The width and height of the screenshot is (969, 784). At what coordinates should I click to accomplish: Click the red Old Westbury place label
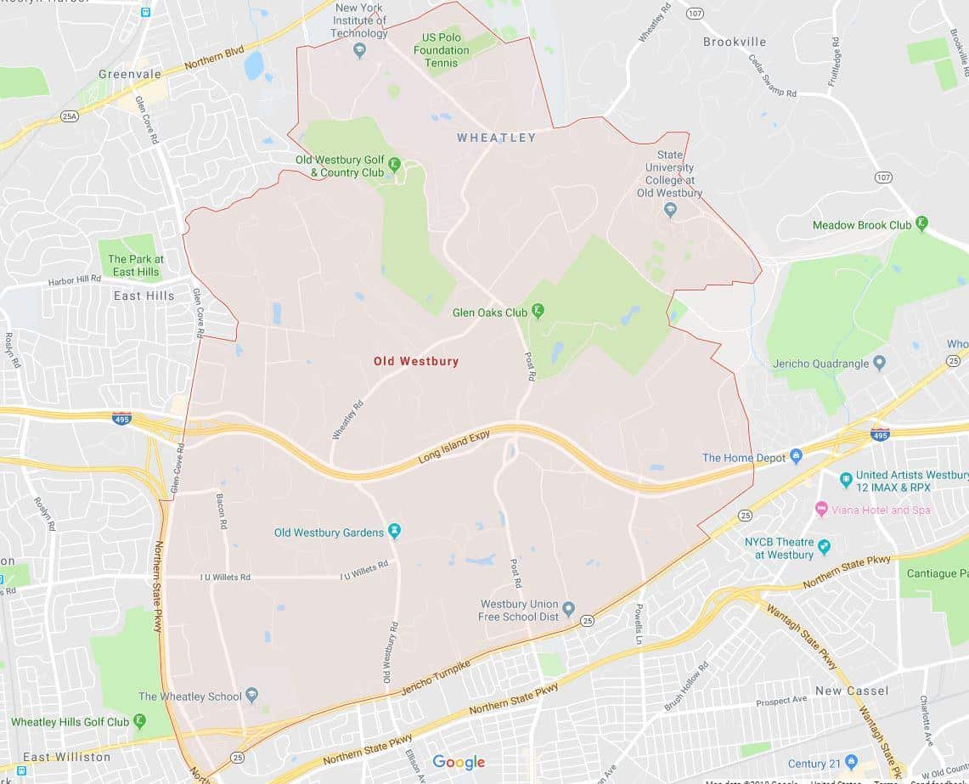[x=416, y=361]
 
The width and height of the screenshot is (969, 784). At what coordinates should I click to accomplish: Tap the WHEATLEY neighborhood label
[x=496, y=138]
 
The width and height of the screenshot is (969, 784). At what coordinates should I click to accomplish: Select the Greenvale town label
[x=130, y=74]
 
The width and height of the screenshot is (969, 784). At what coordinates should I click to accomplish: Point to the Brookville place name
[x=734, y=42]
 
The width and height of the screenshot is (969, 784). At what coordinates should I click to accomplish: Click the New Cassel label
[x=852, y=691]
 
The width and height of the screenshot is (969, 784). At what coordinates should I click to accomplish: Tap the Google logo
[x=459, y=762]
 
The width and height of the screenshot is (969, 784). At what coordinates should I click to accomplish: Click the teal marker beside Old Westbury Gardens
[x=394, y=532]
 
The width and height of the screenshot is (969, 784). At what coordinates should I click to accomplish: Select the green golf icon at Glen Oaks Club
[x=538, y=312]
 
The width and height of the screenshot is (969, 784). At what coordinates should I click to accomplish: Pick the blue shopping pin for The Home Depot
[x=796, y=457]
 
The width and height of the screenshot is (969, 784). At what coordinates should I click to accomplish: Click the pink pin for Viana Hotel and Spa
[x=821, y=509]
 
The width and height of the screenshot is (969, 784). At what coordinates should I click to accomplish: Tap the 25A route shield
[x=70, y=116]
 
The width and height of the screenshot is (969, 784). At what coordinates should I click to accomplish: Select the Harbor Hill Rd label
[x=75, y=280]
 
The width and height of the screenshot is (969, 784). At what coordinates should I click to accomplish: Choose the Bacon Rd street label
[x=221, y=511]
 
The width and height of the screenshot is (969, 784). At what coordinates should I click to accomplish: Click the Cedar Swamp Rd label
[x=773, y=75]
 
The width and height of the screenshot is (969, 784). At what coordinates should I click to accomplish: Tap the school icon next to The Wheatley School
[x=252, y=696]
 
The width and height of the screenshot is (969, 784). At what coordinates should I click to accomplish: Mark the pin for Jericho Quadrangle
[x=879, y=364]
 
